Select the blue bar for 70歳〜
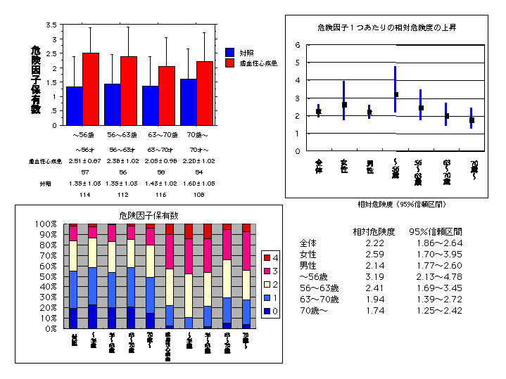tap(188, 101)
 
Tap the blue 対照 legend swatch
tap(230, 52)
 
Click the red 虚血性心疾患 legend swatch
tap(230, 63)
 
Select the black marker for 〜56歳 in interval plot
tap(396, 94)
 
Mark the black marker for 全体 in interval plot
tap(319, 111)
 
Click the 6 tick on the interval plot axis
tap(298, 44)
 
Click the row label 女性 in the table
tap(308, 254)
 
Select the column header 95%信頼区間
tap(440, 231)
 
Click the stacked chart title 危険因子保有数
tap(148, 215)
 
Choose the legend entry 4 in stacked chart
tap(268, 258)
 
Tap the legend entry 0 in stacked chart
tap(268, 311)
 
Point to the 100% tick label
tap(45, 224)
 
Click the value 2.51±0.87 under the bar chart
tap(84, 161)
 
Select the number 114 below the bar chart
tap(84, 194)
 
